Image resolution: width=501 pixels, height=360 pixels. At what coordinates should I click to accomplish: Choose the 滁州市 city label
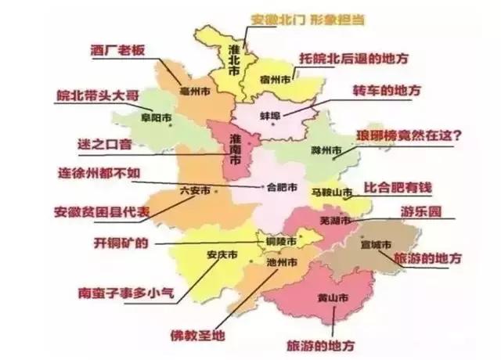324,149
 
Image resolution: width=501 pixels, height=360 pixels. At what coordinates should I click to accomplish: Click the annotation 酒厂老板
118,49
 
